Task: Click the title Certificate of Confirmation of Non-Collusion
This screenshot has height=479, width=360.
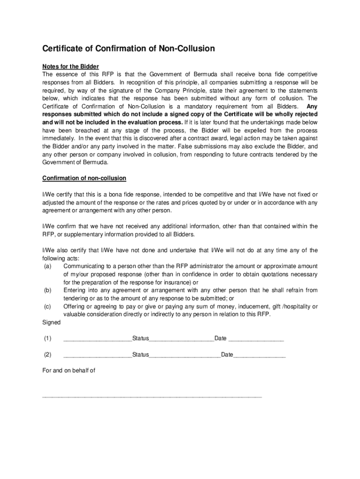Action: (129, 48)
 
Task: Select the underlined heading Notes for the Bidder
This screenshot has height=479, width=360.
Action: (71, 66)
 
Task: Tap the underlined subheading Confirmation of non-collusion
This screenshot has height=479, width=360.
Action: (84, 178)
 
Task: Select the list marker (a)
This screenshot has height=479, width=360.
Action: (47, 266)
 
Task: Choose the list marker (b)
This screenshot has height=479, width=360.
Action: (47, 290)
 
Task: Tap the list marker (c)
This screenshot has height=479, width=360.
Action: (47, 306)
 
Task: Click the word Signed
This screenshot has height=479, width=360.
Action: (51, 322)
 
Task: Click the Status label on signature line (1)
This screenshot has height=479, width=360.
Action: (140, 338)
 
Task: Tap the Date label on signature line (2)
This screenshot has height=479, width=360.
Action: (227, 355)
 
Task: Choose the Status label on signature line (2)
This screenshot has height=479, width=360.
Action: (140, 355)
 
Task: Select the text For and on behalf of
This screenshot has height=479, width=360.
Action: (69, 370)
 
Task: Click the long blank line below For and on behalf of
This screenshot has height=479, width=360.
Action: (152, 397)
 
